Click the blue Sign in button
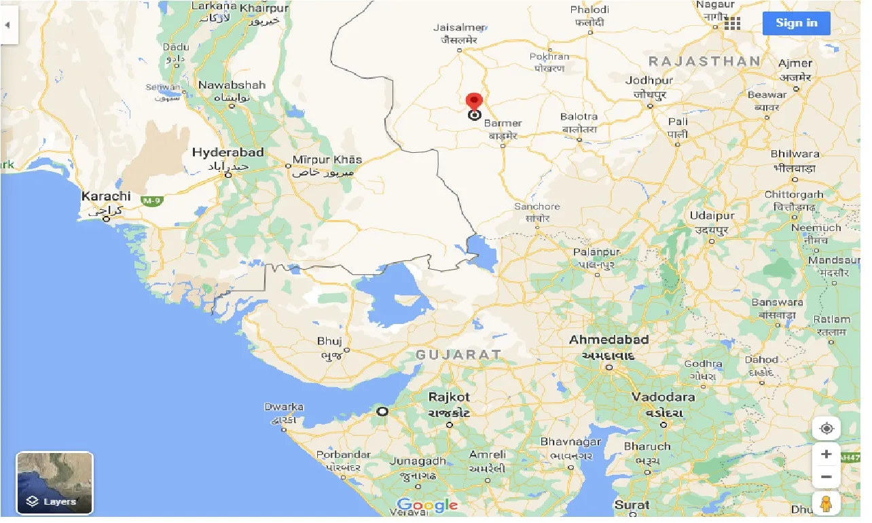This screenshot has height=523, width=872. point(796,23)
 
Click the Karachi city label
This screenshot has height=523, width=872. point(105,196)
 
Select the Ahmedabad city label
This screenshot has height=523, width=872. point(608,340)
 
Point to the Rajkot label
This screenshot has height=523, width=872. point(449,397)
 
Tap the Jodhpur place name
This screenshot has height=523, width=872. point(649,80)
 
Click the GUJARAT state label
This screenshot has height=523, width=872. point(458,355)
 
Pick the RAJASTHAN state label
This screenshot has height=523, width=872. point(704,61)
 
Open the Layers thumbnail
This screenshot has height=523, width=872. point(54,483)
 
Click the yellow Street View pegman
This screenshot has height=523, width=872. point(826,504)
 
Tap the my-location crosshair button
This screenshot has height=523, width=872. point(826,429)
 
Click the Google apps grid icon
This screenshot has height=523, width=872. point(732,24)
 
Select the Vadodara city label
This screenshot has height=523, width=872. point(663,397)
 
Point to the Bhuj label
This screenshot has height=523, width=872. point(329,342)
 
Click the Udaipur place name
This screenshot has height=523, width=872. point(712,216)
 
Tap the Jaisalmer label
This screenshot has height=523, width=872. point(458,28)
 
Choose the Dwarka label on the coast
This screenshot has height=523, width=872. point(284,408)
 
